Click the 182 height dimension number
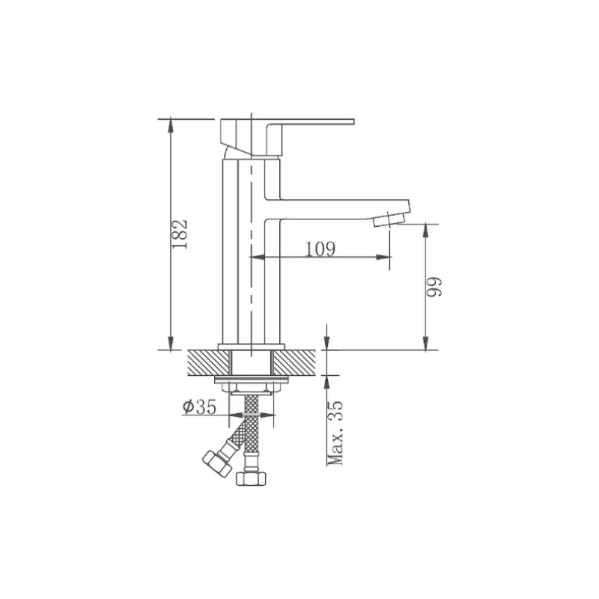point(180,234)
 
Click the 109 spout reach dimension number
point(320,249)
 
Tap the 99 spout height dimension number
point(434,287)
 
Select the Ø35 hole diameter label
point(199,407)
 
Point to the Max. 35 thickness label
point(335,433)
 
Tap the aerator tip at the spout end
point(389,220)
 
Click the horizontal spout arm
point(337,210)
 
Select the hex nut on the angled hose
point(216,463)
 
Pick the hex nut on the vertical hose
point(251,478)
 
